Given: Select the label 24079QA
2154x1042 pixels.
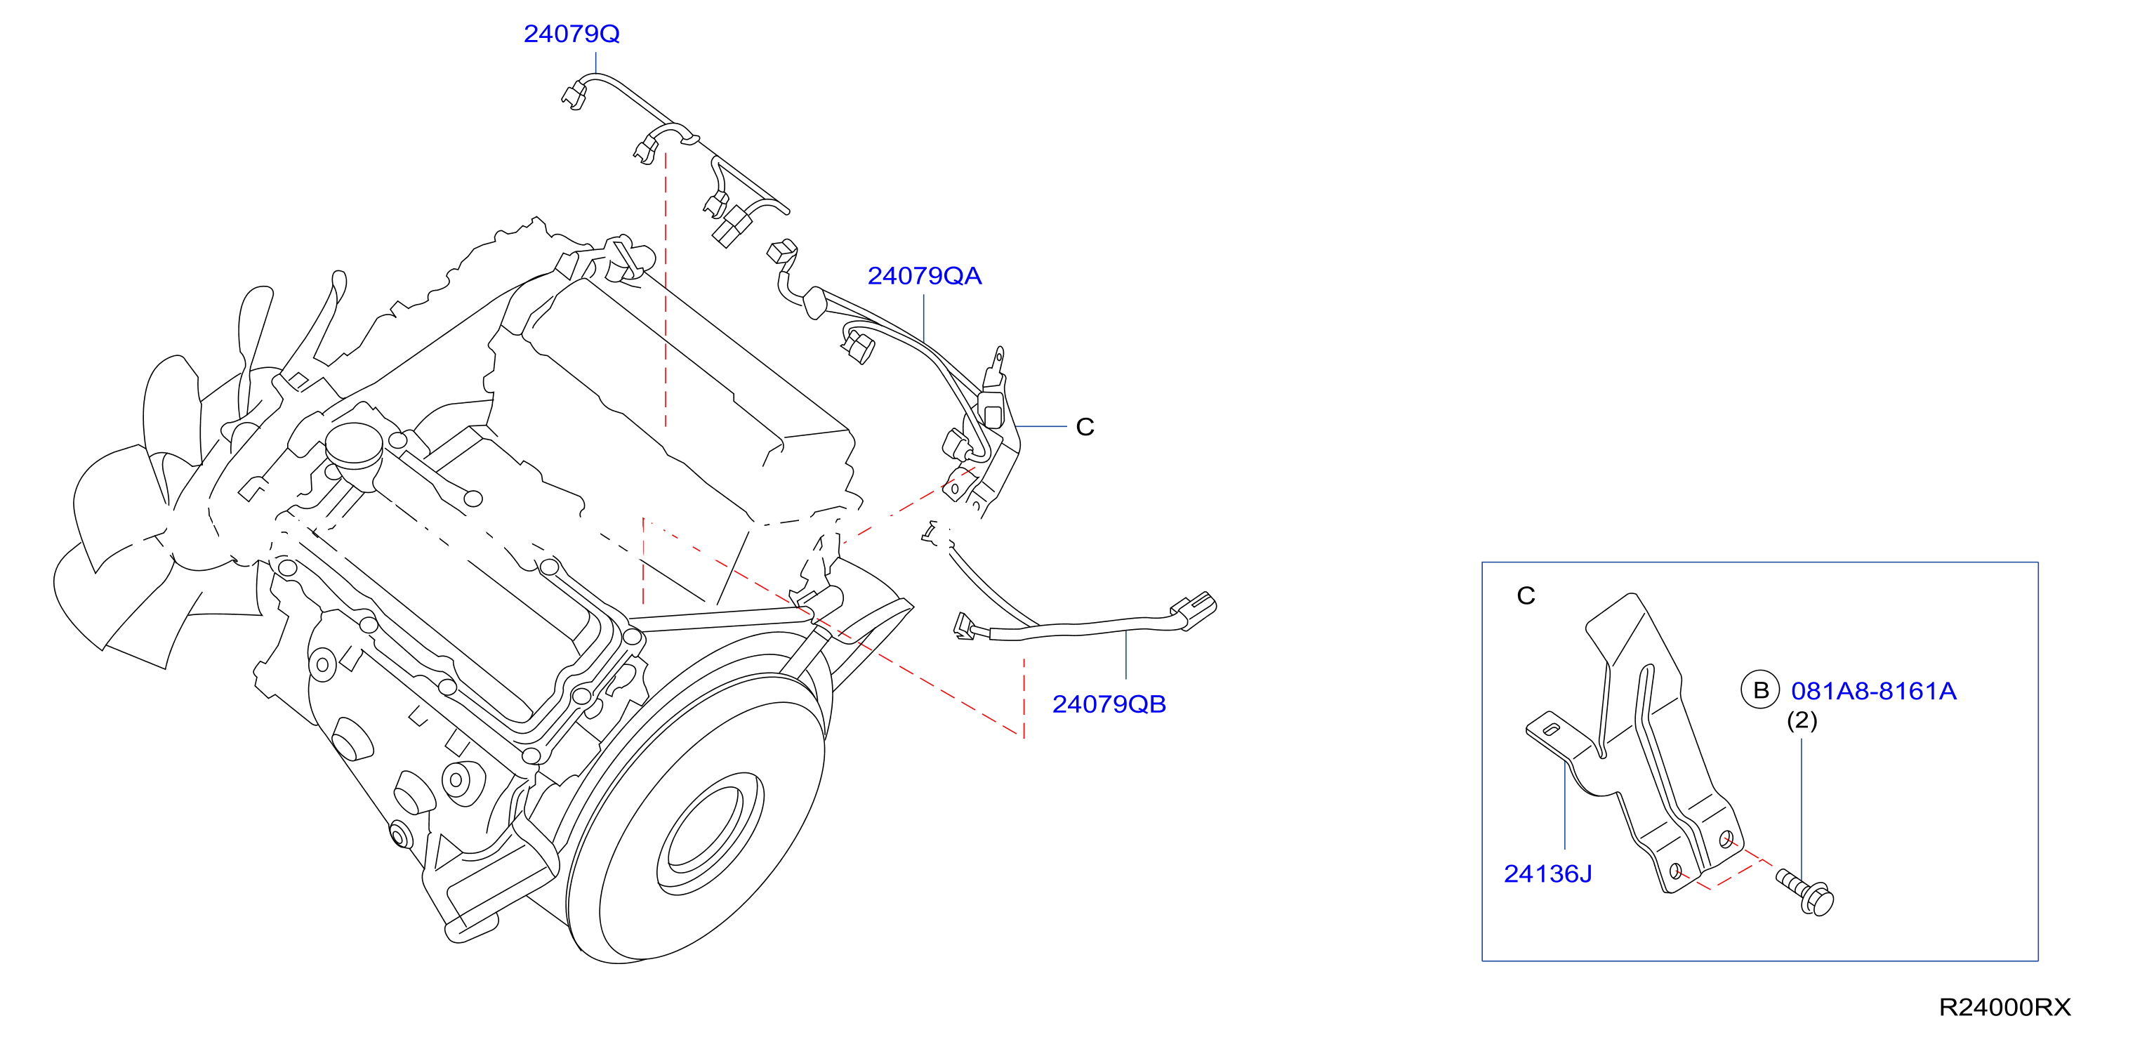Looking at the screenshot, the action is click(x=924, y=276).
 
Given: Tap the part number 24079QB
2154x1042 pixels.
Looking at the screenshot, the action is click(x=1109, y=704).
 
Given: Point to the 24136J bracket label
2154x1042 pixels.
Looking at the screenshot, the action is click(x=1548, y=874).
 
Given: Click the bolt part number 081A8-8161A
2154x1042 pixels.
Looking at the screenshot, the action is click(x=1873, y=691).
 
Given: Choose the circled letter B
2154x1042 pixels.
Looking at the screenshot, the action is click(x=1760, y=691).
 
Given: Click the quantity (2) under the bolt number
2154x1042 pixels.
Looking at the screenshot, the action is click(x=1802, y=721).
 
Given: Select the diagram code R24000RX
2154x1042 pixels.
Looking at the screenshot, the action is click(x=2004, y=1007).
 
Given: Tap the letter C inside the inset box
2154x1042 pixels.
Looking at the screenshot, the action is click(x=1526, y=595).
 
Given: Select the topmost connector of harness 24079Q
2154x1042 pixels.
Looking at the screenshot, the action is click(x=574, y=95).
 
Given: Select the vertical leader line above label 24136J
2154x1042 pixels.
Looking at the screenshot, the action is click(x=1564, y=805).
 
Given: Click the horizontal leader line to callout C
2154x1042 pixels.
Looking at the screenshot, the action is click(x=1041, y=426).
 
